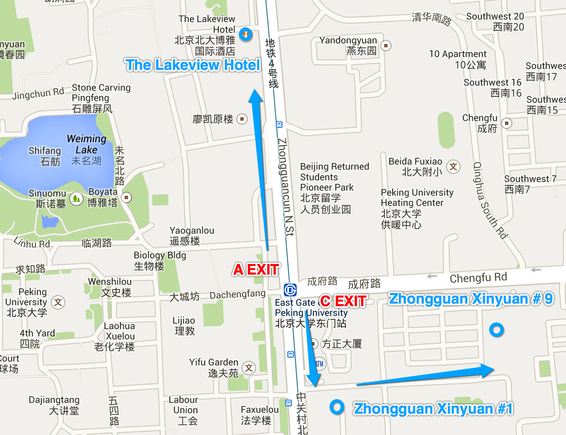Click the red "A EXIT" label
pyautogui.click(x=256, y=270)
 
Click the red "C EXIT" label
pyautogui.click(x=344, y=301)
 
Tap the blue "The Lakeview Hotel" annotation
pyautogui.click(x=193, y=65)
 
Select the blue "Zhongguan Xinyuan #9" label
pyautogui.click(x=471, y=299)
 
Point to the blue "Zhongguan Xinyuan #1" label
pyautogui.click(x=433, y=409)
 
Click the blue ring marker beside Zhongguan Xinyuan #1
pyautogui.click(x=337, y=407)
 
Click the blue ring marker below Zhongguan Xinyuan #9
pyautogui.click(x=496, y=330)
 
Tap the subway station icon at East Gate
pyautogui.click(x=290, y=290)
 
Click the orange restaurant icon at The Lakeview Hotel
pyautogui.click(x=245, y=34)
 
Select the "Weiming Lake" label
pyautogui.click(x=87, y=144)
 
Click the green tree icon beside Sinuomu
pyautogui.click(x=76, y=198)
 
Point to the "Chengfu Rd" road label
pyautogui.click(x=478, y=278)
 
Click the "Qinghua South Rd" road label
pyautogui.click(x=490, y=200)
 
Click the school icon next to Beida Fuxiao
pyautogui.click(x=453, y=166)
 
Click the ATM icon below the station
pyautogui.click(x=319, y=364)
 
